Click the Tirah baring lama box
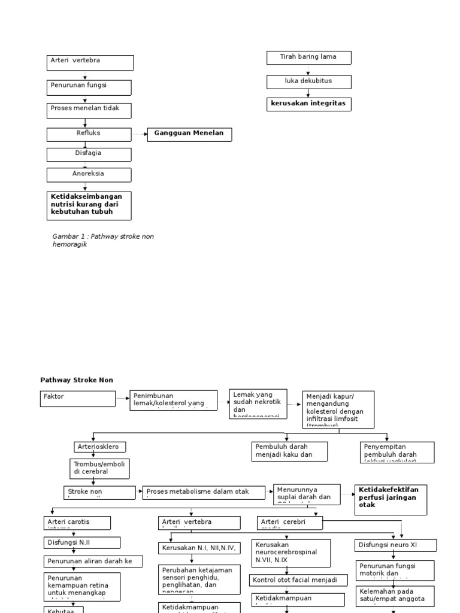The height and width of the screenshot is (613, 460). click(308, 57)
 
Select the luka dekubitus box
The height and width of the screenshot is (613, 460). click(308, 81)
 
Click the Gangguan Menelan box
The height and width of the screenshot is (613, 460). click(189, 134)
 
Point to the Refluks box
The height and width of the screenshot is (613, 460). click(89, 135)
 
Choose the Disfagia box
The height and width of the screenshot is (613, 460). click(89, 154)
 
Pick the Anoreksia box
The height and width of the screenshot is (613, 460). click(89, 175)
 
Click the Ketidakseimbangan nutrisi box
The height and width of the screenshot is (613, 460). click(89, 205)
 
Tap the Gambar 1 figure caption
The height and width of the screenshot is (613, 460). click(103, 240)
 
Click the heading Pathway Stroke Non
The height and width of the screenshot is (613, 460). click(76, 380)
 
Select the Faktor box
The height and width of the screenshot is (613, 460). click(78, 399)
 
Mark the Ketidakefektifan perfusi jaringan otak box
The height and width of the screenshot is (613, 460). click(391, 499)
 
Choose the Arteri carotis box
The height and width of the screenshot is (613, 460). click(77, 523)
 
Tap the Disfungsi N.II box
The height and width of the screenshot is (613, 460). click(82, 542)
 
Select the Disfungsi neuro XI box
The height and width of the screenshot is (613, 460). click(396, 545)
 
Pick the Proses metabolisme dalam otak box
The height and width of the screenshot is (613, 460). click(204, 492)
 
